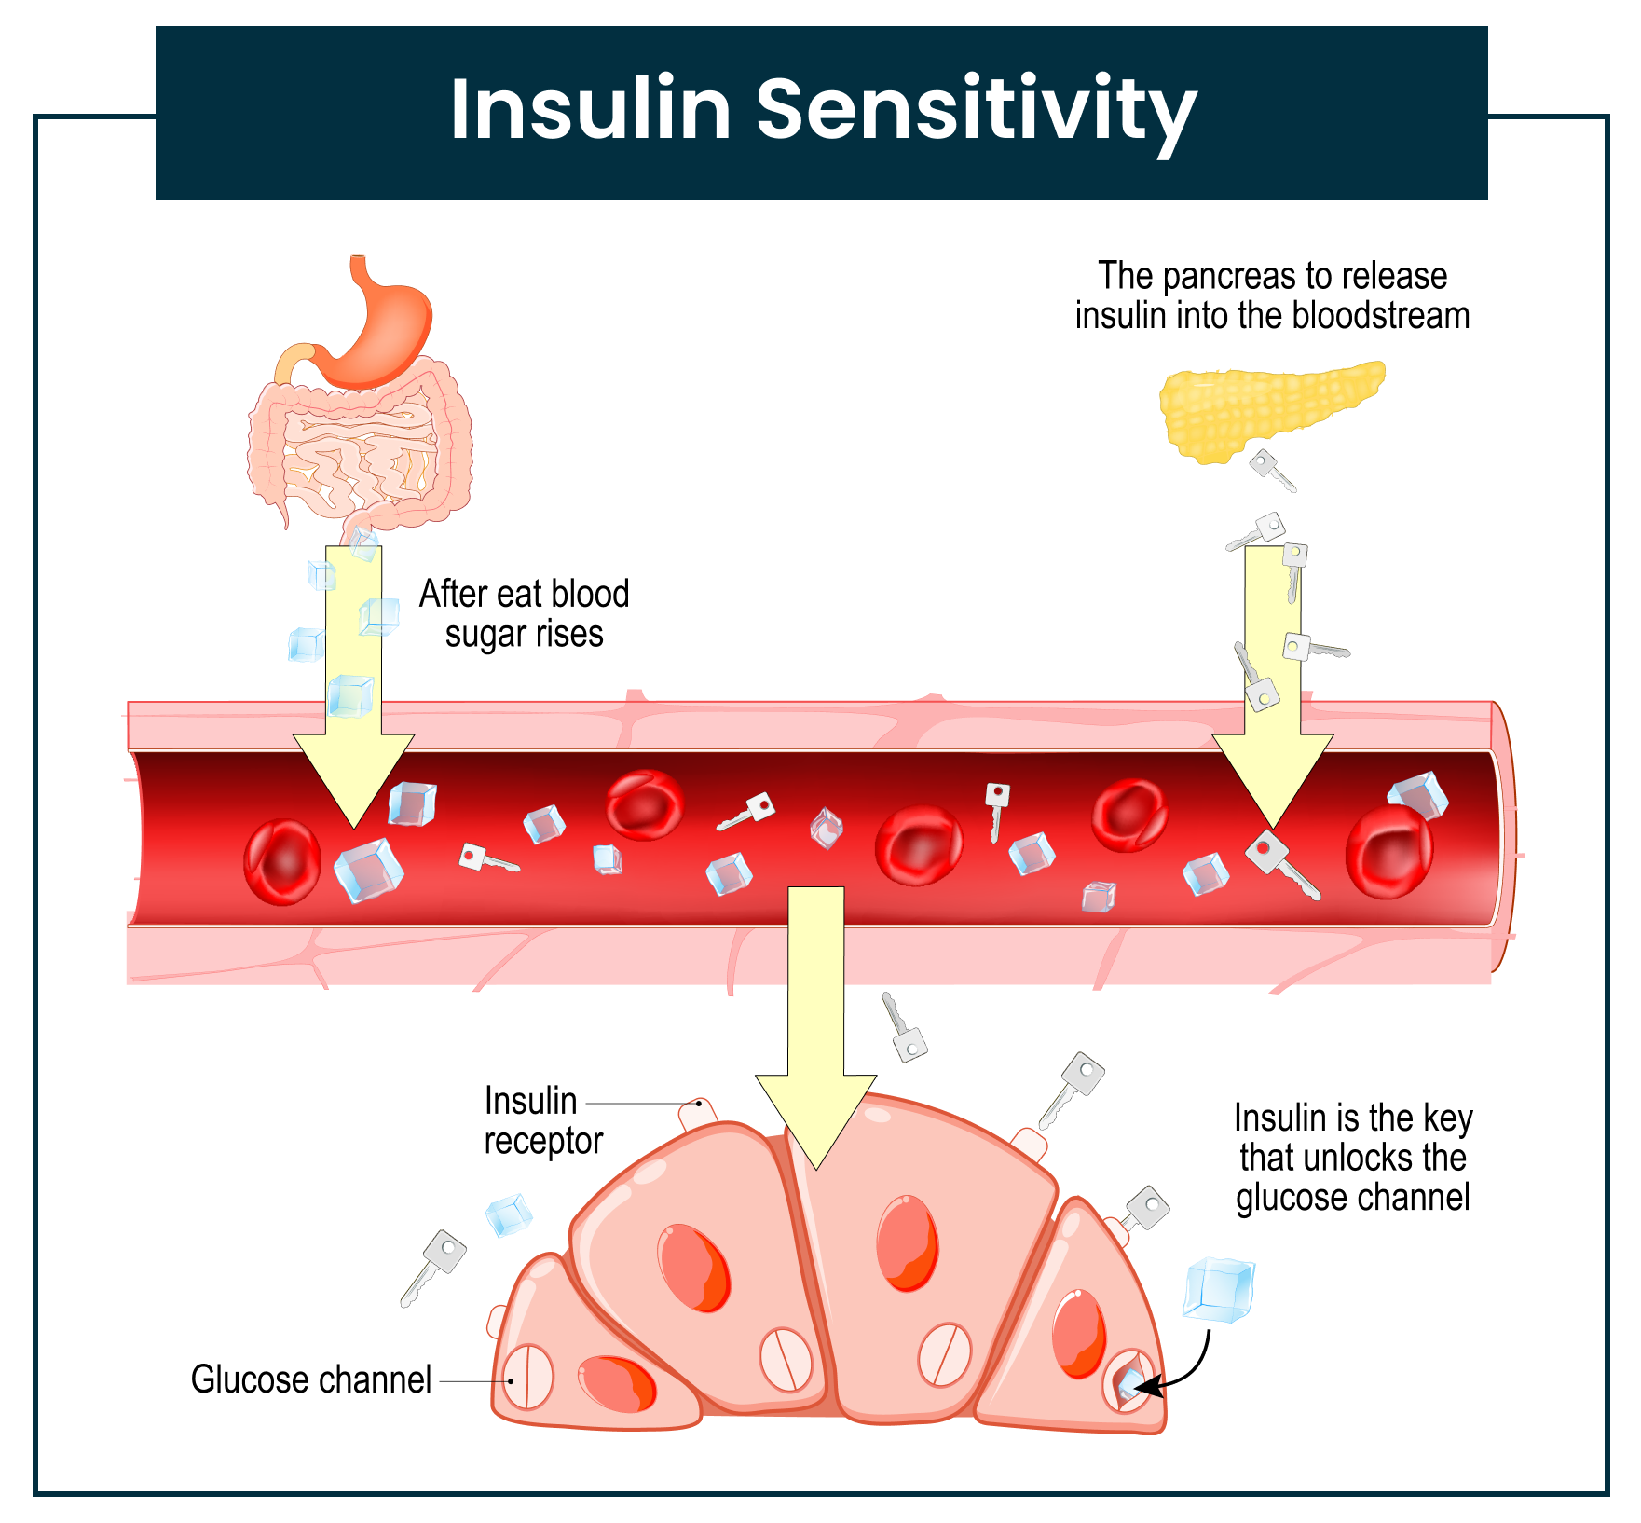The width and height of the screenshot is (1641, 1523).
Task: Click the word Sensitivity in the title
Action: pyautogui.click(x=976, y=110)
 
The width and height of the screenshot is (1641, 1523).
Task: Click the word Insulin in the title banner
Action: pyautogui.click(x=590, y=110)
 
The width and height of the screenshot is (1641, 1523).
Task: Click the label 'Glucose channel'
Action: pyautogui.click(x=310, y=1379)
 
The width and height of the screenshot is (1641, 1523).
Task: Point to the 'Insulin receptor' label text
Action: pyautogui.click(x=542, y=1120)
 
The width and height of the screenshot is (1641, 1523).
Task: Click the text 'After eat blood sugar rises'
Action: pyautogui.click(x=524, y=613)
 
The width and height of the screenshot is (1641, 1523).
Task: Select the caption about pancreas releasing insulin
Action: pyautogui.click(x=1272, y=295)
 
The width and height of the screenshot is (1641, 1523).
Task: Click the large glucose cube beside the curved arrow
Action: pyautogui.click(x=1218, y=1289)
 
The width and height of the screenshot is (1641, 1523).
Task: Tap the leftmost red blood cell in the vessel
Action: pyautogui.click(x=281, y=862)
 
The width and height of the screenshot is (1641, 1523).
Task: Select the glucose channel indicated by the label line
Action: pyautogui.click(x=528, y=1376)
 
